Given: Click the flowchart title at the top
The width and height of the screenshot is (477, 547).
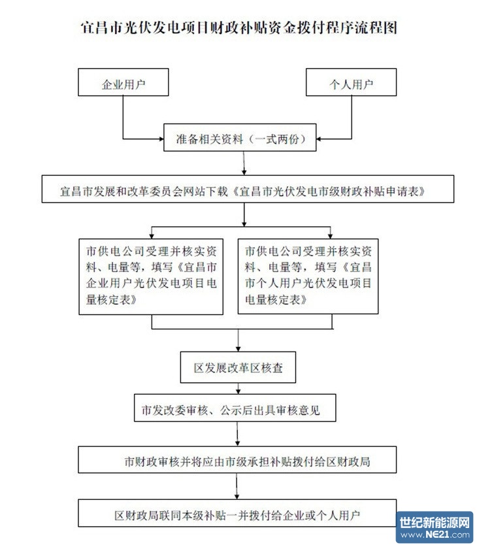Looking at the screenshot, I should coord(238,28).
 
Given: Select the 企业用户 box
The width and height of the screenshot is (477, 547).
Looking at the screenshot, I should coord(123,84).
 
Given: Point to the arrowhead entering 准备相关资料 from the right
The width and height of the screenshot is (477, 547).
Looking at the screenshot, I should coord(321,138).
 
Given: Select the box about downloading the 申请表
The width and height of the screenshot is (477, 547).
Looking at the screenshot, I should coord(243,192).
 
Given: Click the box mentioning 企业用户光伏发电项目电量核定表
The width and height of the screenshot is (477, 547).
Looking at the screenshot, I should coord(153,275).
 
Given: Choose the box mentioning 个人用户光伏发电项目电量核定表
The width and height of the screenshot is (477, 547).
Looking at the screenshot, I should coord(308,275).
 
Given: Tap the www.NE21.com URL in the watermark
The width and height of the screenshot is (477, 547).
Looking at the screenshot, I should coord(435,535).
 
